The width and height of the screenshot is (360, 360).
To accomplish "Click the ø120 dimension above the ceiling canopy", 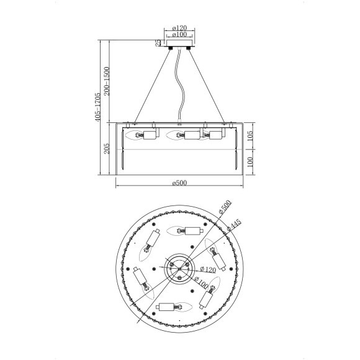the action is [179, 28].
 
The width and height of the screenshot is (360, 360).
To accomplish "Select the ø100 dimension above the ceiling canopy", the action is [179, 34].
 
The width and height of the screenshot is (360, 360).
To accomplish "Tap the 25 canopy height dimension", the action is [158, 43].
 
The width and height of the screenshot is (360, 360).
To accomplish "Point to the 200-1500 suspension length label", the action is [107, 81].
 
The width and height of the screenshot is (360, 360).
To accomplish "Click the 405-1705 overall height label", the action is [97, 107].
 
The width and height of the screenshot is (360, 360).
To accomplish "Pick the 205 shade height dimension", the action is [107, 148].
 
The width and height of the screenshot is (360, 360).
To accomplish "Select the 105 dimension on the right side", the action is [250, 136].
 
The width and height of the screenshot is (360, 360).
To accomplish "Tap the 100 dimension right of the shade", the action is [250, 162].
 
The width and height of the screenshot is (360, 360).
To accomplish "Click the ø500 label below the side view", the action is [179, 183].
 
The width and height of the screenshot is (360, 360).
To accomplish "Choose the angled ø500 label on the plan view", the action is [225, 207].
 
